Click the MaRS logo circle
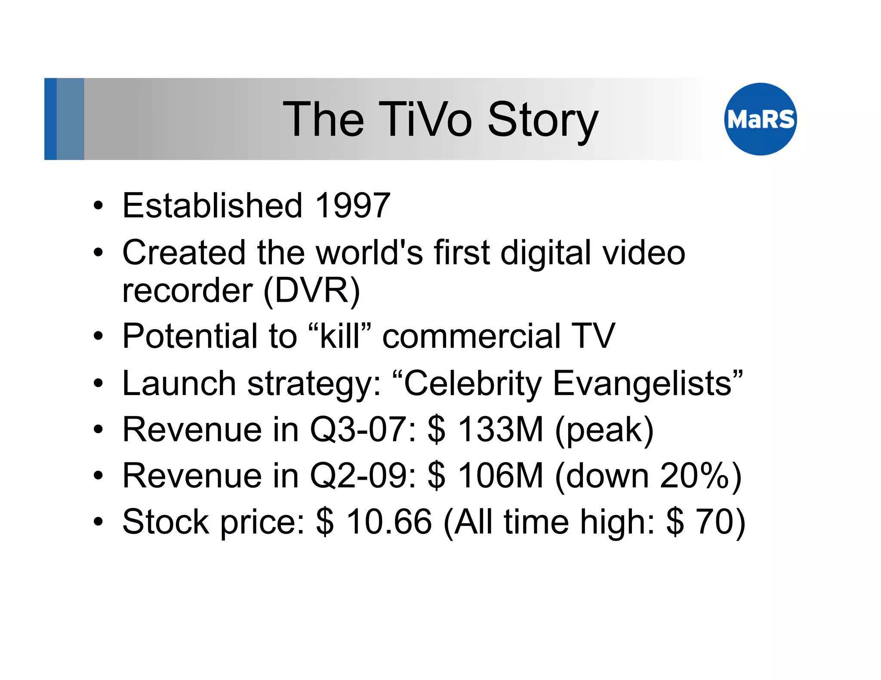(760, 119)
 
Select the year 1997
(353, 205)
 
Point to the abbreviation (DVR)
(311, 291)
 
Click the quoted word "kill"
(340, 336)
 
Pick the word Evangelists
(647, 383)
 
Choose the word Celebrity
(472, 383)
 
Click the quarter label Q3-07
(362, 429)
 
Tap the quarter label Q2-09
(362, 476)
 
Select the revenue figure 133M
(500, 429)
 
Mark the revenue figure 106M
(500, 476)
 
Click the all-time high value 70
(714, 522)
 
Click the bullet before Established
(99, 205)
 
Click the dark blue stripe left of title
(50, 119)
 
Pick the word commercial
(471, 336)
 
